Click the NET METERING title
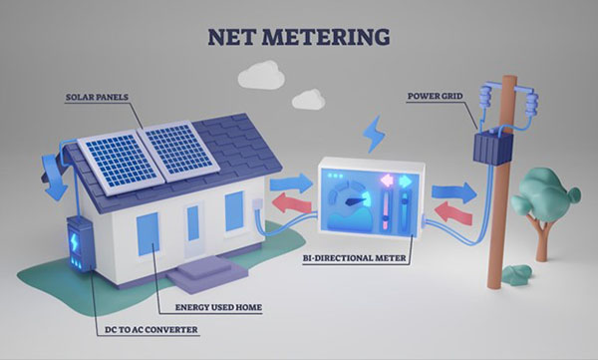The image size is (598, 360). pyautogui.click(x=298, y=38)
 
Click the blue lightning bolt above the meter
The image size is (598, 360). pyautogui.click(x=374, y=133)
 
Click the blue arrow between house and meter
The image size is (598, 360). pyautogui.click(x=291, y=182)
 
